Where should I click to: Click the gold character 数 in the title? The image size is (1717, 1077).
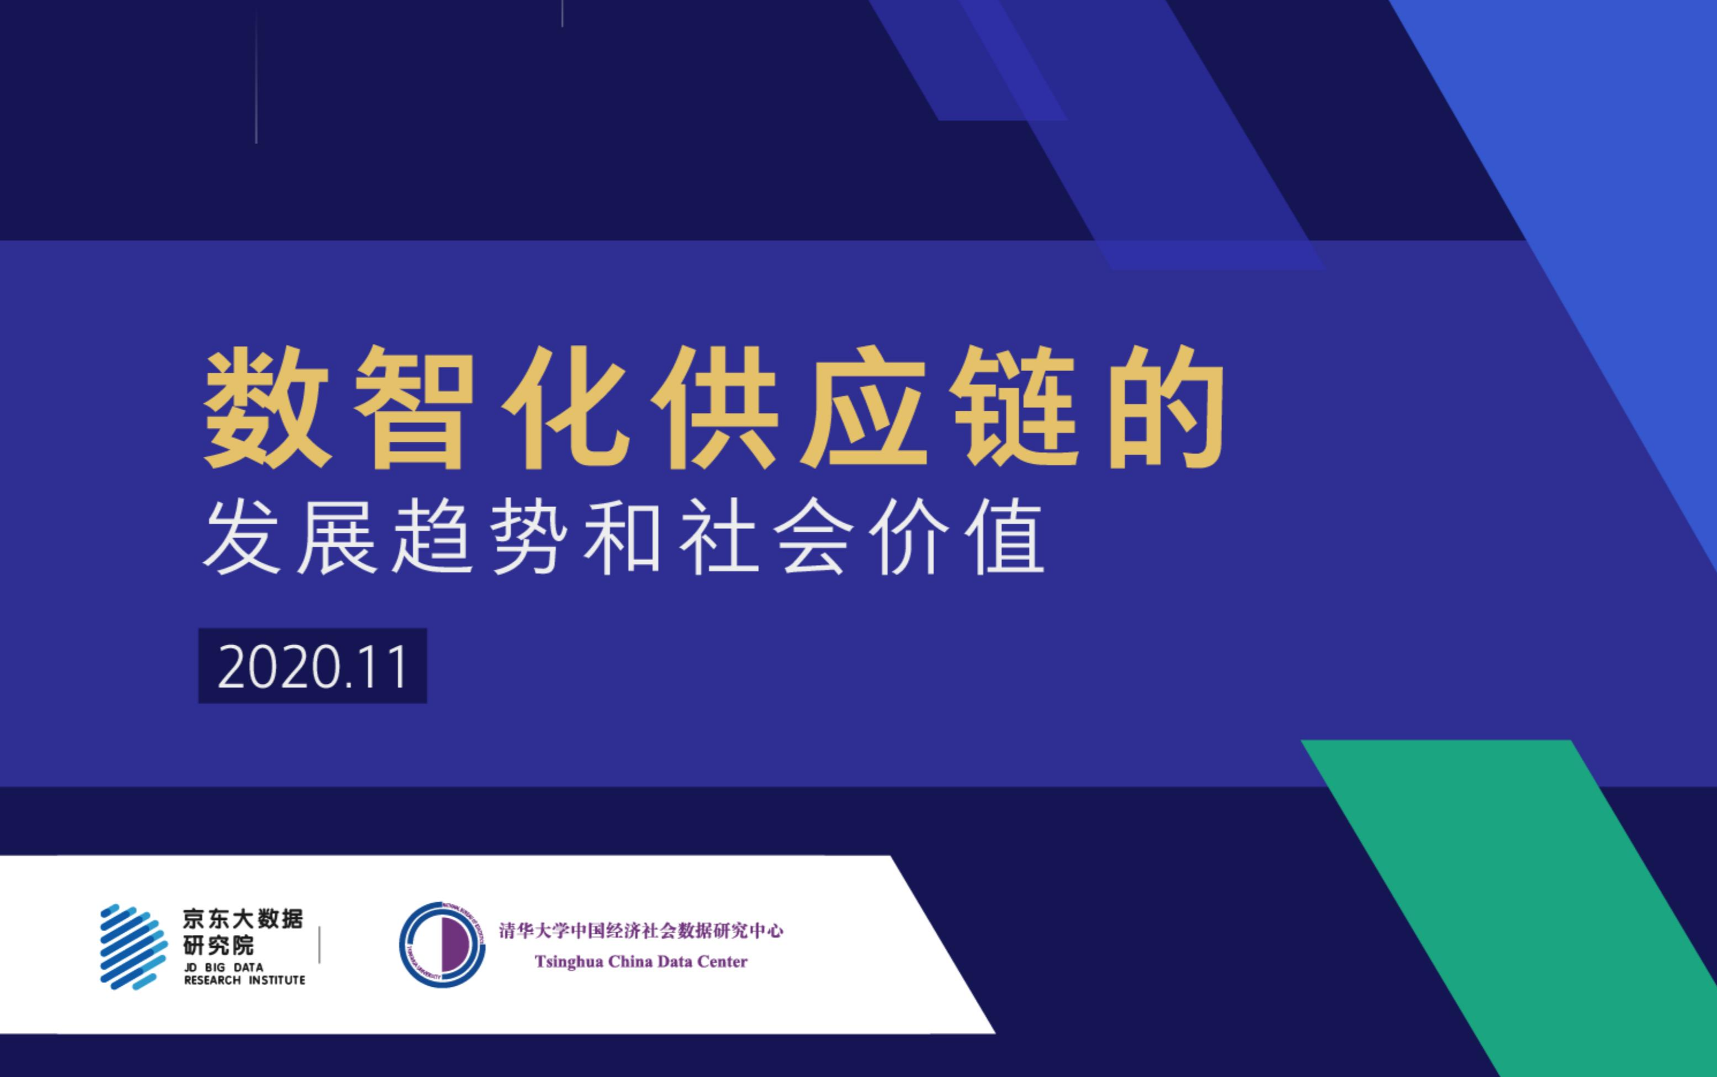click(x=268, y=407)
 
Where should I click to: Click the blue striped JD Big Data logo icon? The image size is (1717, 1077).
click(x=134, y=947)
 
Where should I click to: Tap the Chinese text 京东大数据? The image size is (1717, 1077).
click(x=243, y=919)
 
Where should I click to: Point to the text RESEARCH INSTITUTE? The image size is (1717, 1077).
click(x=244, y=980)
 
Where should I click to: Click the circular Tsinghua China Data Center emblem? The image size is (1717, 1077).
click(x=442, y=944)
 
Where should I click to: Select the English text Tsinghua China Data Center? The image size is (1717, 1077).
click(x=641, y=961)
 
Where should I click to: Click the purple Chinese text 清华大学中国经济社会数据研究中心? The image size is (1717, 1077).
click(x=641, y=930)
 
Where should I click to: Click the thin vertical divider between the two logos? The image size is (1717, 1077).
click(x=320, y=944)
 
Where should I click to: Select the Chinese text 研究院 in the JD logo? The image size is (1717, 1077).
click(x=218, y=946)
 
